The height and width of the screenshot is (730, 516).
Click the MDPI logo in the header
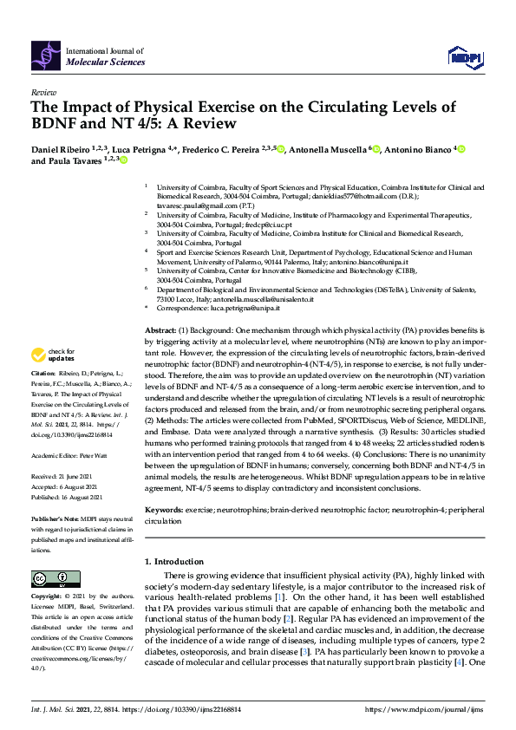464,57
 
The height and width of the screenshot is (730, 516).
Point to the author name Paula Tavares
75,160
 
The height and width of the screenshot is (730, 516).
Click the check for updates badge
54,354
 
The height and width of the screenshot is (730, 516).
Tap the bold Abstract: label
160,331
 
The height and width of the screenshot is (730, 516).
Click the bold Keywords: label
163,511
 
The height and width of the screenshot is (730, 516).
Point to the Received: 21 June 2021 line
62,477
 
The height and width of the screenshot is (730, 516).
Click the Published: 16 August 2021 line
66,498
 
